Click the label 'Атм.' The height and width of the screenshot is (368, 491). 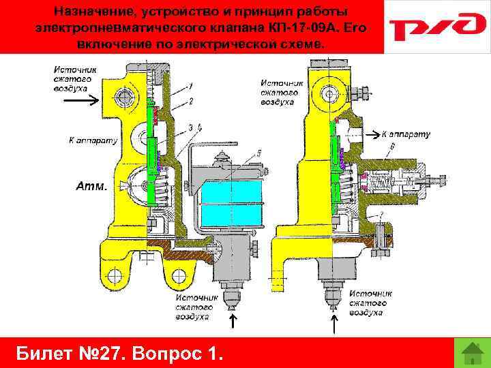(91, 185)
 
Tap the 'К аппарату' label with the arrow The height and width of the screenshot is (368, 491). (405, 134)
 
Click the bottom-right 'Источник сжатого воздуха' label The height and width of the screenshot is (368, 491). (368, 303)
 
